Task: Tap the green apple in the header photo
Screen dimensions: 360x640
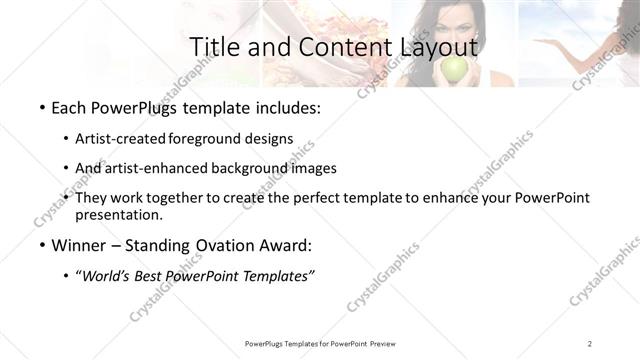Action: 455,68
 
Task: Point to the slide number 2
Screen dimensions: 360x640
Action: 590,343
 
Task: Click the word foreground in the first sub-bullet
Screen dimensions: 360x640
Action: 210,139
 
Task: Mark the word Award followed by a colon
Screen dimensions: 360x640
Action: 284,245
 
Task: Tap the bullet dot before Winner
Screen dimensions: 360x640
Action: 42,245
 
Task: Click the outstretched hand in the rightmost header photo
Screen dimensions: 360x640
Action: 551,43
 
